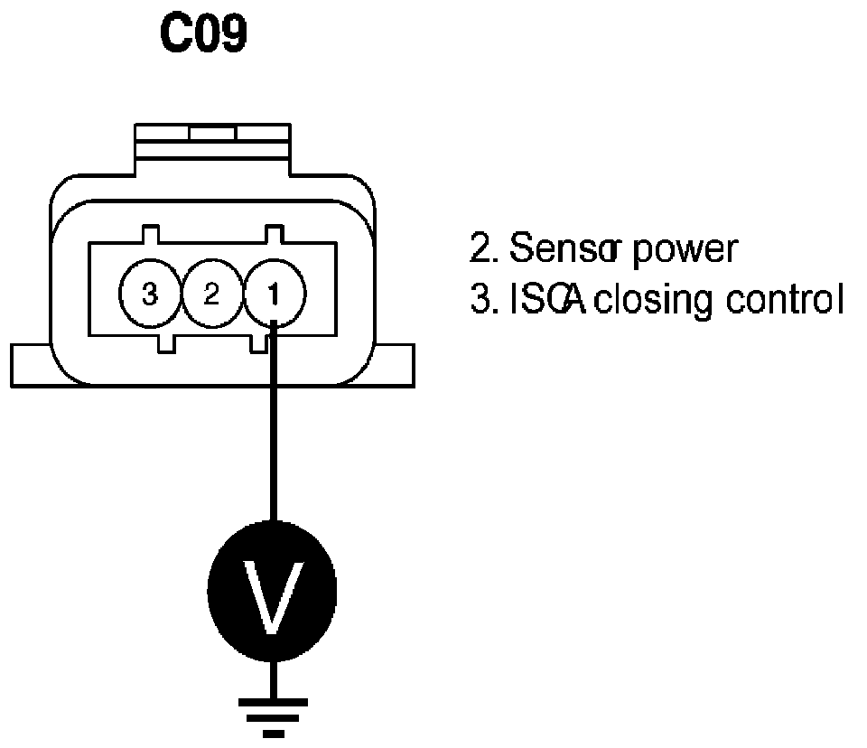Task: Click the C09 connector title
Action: coord(203,34)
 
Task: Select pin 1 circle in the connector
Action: coord(275,295)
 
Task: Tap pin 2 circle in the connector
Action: coord(212,295)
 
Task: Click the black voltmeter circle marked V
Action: coord(272,592)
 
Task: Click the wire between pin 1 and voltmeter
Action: coord(273,434)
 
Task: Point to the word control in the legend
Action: coord(785,298)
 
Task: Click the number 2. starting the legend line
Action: coord(482,248)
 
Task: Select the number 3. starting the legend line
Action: coord(482,298)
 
